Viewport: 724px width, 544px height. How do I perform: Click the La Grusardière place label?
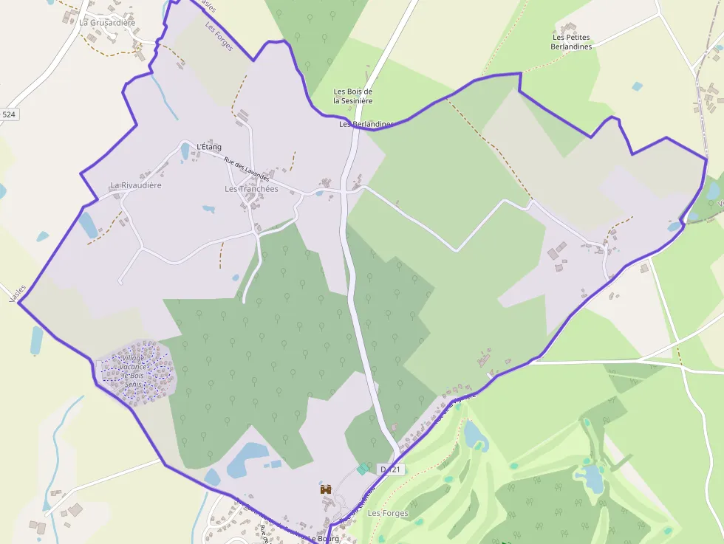click(x=107, y=23)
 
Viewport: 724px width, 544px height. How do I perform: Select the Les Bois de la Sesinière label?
click(x=352, y=96)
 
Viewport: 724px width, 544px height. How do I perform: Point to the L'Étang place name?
click(x=209, y=147)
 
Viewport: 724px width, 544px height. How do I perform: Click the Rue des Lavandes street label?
click(x=247, y=171)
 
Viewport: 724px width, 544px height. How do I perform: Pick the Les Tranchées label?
click(x=251, y=189)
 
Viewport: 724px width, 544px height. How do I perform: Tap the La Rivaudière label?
click(x=136, y=185)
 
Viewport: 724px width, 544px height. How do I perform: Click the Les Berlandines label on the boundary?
click(x=364, y=124)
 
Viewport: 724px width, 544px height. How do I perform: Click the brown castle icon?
click(x=325, y=489)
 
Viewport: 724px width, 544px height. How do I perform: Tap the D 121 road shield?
click(x=391, y=469)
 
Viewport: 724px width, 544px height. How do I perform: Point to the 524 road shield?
click(x=9, y=114)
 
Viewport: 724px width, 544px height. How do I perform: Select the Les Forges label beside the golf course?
click(x=383, y=513)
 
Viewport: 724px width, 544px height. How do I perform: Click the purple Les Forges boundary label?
click(x=219, y=38)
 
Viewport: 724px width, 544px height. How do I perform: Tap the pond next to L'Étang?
click(x=185, y=152)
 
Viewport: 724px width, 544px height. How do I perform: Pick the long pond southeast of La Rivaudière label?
click(x=87, y=224)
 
